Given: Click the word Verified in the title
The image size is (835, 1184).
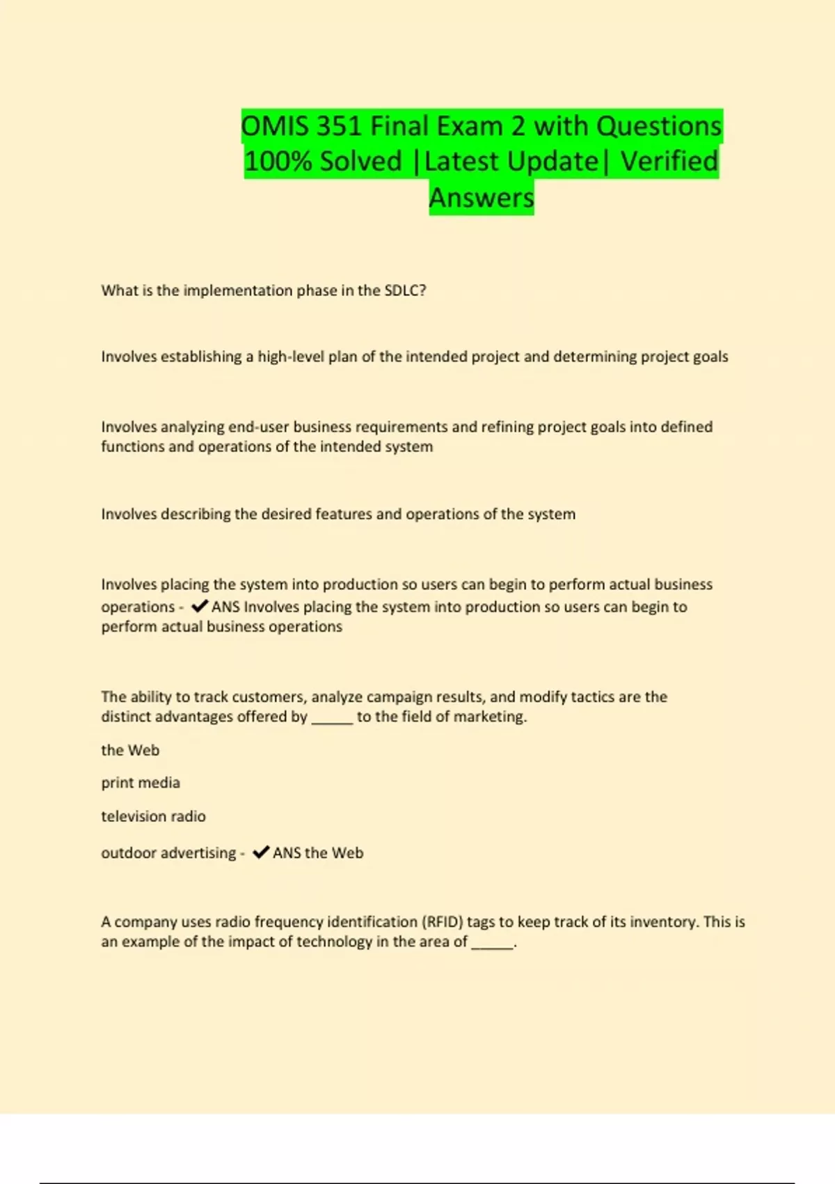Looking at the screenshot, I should [x=669, y=162].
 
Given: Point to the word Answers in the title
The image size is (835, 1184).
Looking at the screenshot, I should [x=482, y=198].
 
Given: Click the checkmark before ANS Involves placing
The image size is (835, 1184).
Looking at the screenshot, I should [x=199, y=606].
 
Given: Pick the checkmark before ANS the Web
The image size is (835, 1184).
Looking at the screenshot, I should [x=261, y=852].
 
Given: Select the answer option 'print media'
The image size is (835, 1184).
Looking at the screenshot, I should [x=141, y=783].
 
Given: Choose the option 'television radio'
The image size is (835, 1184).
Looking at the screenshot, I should [x=153, y=816].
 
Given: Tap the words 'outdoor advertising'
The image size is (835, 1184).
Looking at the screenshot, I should [x=168, y=853].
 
